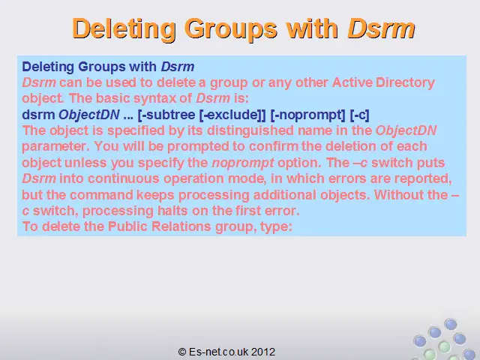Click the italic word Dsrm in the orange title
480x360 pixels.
pos(381,28)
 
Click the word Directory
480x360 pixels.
pos(405,83)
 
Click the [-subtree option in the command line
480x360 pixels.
pos(166,115)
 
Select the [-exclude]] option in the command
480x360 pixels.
pos(232,115)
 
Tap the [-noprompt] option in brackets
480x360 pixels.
pos(308,115)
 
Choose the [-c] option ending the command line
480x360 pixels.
pos(359,115)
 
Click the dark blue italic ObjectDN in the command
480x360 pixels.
pos(89,115)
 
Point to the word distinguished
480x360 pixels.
pos(250,130)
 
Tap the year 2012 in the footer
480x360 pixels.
pos(263,352)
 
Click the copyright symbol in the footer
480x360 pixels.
pos(182,352)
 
